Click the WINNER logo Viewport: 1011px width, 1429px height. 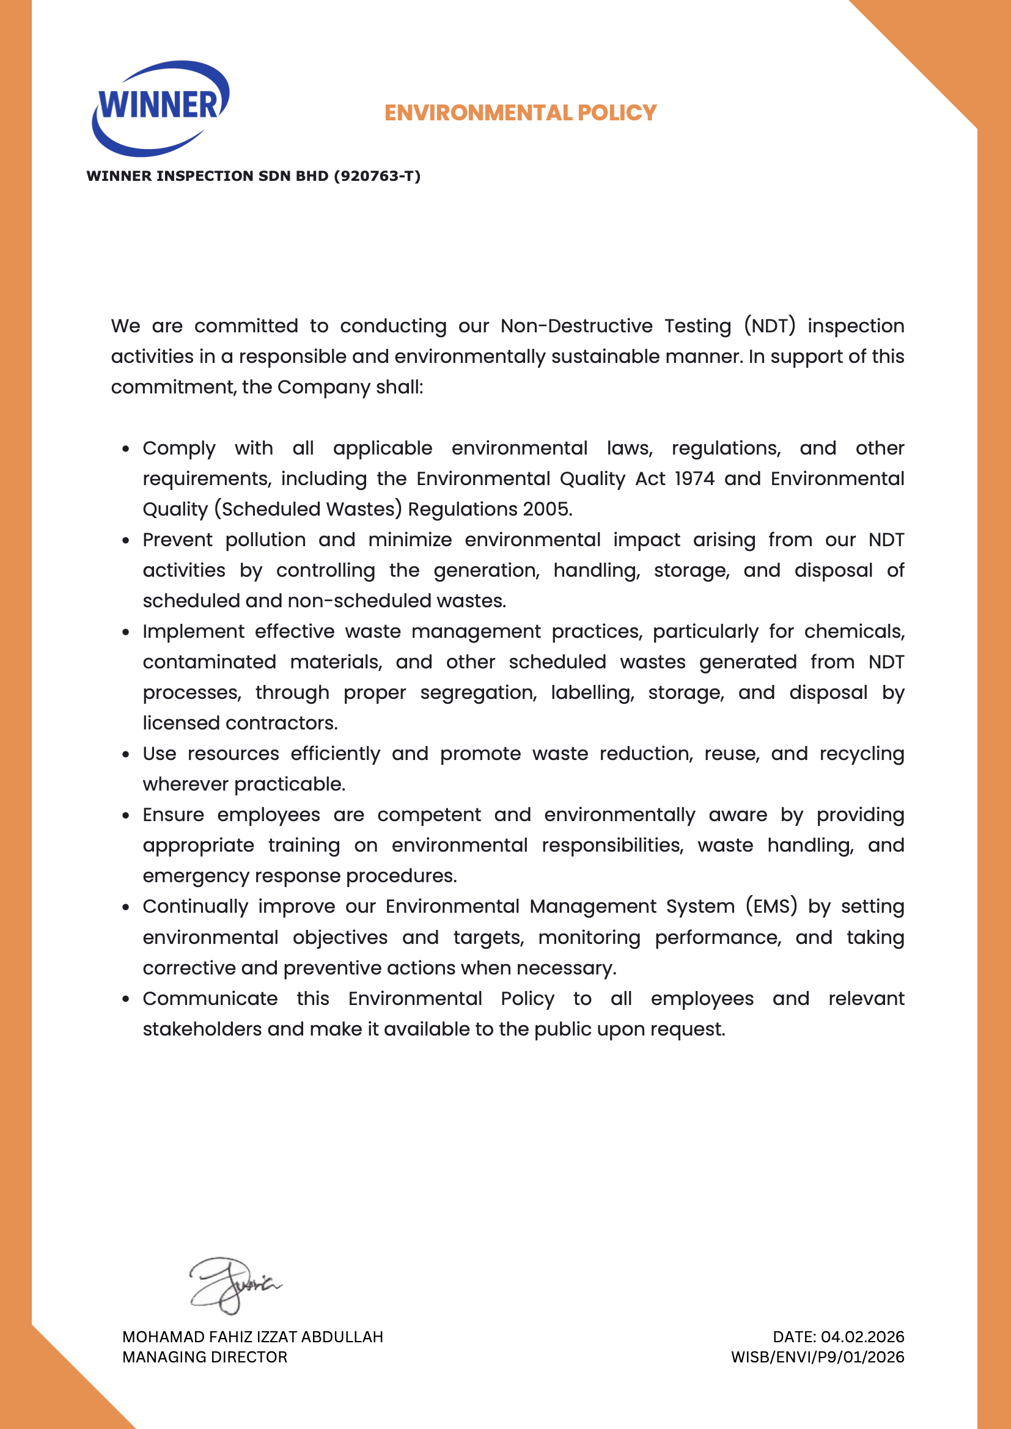[x=161, y=108]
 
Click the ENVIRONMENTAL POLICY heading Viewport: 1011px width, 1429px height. [x=520, y=112]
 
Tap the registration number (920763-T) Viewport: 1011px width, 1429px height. [x=377, y=176]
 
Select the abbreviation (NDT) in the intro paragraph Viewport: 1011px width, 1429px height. [x=770, y=326]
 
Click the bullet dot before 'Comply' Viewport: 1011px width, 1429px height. [x=126, y=449]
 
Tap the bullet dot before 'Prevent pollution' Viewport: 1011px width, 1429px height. [x=126, y=540]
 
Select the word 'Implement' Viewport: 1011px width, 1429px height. [x=194, y=632]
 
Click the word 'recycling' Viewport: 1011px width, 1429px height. [x=862, y=754]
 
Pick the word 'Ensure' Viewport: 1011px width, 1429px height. [x=173, y=815]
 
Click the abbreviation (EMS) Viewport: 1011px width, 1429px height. [x=771, y=906]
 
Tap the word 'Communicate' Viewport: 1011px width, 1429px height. [x=210, y=998]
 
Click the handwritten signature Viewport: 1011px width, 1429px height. [x=233, y=1284]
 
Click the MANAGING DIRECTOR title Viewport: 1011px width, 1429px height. [x=205, y=1357]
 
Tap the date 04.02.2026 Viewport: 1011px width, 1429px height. [x=862, y=1337]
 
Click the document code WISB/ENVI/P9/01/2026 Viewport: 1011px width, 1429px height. [x=817, y=1357]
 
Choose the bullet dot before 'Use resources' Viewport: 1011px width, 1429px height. [x=126, y=755]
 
